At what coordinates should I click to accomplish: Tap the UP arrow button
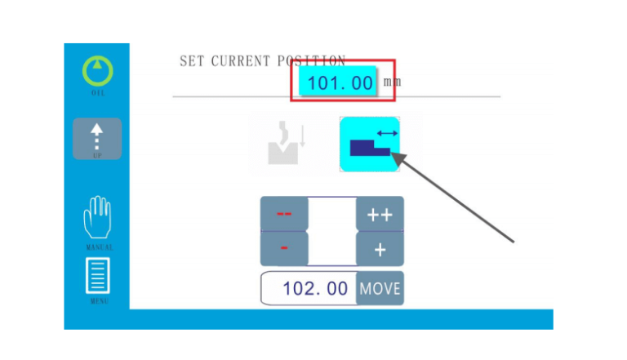[97, 137]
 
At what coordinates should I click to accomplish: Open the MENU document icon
[97, 276]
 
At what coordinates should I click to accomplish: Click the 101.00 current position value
[339, 82]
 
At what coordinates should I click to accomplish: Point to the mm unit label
[392, 82]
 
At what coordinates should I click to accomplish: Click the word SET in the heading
[192, 61]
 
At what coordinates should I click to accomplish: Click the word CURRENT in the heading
[240, 61]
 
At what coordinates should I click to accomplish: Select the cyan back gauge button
[370, 144]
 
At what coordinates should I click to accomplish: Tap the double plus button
[380, 215]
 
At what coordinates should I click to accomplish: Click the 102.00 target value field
[315, 288]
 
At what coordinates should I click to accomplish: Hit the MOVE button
[380, 288]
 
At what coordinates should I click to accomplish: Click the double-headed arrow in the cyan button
[387, 132]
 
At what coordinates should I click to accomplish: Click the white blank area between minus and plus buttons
[332, 231]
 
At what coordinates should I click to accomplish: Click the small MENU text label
[97, 301]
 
